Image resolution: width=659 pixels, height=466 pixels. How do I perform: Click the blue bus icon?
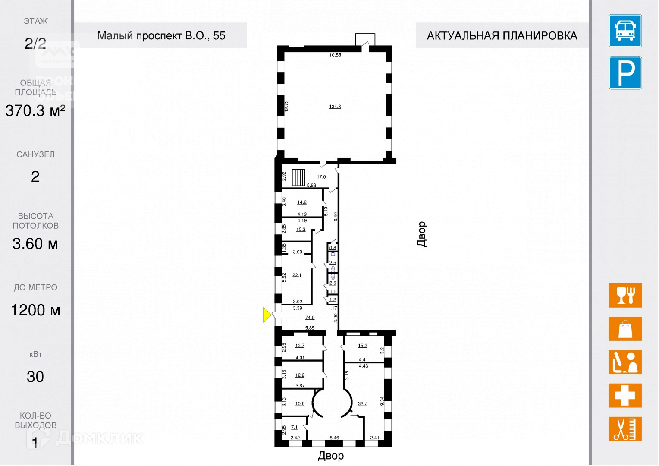[625, 31]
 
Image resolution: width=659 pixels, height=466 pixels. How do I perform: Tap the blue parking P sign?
[625, 73]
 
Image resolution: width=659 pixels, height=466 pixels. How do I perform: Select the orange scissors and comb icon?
[625, 428]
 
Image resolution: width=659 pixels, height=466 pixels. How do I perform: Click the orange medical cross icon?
[625, 395]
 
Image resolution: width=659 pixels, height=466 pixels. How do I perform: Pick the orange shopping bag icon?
[625, 329]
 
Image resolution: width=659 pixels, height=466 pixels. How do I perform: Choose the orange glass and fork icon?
[625, 296]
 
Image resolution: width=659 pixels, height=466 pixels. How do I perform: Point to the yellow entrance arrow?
[267, 315]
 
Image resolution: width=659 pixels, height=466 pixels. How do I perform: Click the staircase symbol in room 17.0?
[298, 177]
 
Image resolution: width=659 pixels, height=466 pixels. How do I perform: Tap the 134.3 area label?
[335, 107]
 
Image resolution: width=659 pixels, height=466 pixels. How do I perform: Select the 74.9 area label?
[310, 318]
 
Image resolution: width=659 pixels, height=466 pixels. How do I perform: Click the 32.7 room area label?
[362, 403]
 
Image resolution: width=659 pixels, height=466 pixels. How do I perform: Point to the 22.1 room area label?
[297, 275]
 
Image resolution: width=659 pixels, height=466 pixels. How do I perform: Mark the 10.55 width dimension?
[335, 55]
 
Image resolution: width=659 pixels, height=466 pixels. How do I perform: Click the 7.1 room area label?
[294, 427]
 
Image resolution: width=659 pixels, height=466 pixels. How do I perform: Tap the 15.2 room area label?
[362, 346]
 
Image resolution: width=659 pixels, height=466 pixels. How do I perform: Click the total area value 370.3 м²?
[35, 111]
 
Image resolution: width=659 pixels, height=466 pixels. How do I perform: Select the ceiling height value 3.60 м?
[35, 244]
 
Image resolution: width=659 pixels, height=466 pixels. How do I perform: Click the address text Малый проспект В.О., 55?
[161, 35]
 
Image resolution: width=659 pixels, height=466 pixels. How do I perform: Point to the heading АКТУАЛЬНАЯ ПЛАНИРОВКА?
[502, 35]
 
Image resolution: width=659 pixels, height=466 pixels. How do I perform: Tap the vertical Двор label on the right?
[422, 234]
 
